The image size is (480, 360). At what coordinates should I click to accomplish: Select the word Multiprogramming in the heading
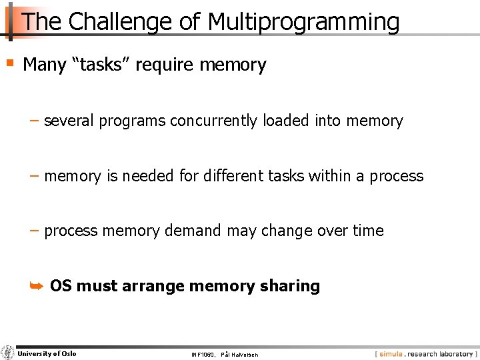click(304, 22)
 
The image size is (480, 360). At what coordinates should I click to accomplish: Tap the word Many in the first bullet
click(45, 65)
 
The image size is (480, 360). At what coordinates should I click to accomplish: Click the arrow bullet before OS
click(37, 286)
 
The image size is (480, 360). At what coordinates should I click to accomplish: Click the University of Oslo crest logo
click(7, 353)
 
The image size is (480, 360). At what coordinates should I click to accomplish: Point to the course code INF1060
click(201, 354)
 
